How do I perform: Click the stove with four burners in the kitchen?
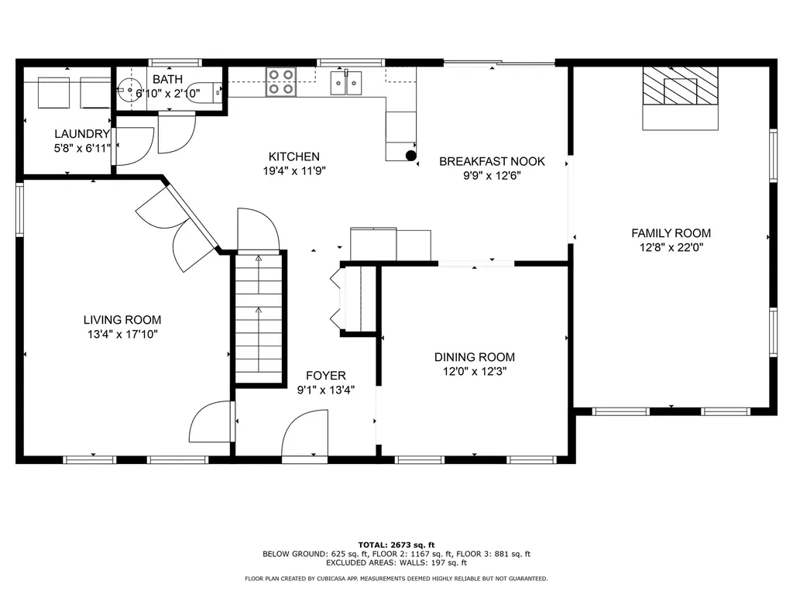281,81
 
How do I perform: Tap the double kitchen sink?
346,81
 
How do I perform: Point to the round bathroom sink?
128,88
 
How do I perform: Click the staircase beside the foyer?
259,318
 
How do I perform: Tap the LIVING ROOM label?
122,319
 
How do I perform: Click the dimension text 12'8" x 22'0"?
671,248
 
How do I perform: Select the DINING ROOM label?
474,357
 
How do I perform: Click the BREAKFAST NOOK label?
492,161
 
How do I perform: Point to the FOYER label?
325,376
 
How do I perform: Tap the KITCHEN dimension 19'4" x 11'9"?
294,172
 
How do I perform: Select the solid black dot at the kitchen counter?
410,156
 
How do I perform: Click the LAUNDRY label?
81,134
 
